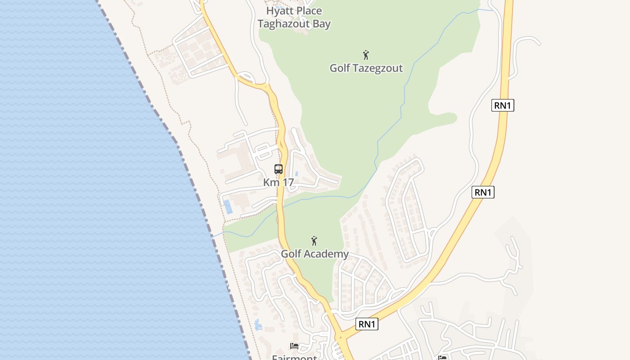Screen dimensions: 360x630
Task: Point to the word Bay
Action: coord(322,24)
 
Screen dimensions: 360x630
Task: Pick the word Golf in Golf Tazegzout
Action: coord(340,68)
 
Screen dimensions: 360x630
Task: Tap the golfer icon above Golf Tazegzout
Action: coord(366,55)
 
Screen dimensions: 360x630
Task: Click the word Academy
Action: coord(327,254)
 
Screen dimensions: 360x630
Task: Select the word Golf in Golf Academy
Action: coord(292,254)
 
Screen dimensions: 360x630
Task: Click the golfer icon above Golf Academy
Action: coord(315,241)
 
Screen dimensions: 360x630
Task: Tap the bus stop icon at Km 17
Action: coord(279,169)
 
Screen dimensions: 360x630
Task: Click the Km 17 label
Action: coord(279,182)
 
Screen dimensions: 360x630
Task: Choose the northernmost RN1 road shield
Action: coord(503,106)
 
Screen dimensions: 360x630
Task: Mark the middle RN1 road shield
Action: coord(483,193)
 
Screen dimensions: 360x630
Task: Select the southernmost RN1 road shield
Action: coord(367,324)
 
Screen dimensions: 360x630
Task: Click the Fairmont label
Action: coord(294,357)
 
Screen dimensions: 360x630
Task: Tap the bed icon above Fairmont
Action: coord(294,346)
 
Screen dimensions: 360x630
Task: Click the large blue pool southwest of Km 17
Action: coord(228,207)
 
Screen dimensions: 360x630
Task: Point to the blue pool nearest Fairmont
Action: coord(258,324)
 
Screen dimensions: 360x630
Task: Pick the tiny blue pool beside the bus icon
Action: coord(297,173)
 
